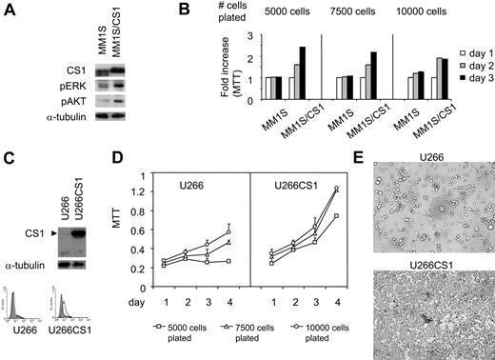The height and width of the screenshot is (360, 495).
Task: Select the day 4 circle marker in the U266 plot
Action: click(x=228, y=230)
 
